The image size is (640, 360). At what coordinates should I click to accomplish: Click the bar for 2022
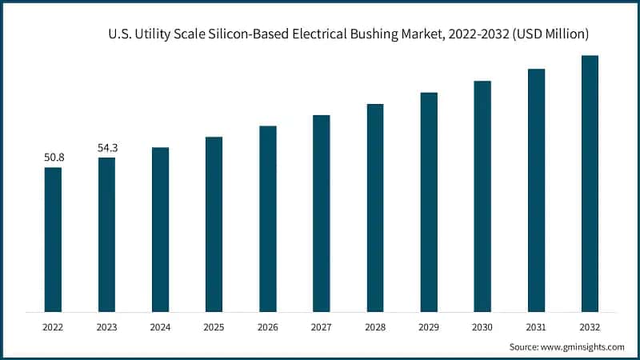(x=53, y=239)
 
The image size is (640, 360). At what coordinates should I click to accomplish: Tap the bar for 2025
(x=214, y=224)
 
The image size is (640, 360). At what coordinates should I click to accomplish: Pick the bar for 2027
(x=321, y=213)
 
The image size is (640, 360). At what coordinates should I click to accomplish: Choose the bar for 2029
(x=429, y=202)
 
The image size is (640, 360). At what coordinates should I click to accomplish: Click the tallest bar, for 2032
(x=590, y=183)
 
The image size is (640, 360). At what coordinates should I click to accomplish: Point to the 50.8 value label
(x=53, y=158)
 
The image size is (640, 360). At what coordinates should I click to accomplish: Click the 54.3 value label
(x=106, y=148)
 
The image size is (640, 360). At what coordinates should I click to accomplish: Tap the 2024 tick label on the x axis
(x=160, y=327)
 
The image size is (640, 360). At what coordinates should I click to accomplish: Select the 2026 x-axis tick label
(x=267, y=327)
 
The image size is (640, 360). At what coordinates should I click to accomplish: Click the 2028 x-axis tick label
(x=375, y=327)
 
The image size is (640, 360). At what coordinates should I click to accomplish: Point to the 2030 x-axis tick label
(x=482, y=327)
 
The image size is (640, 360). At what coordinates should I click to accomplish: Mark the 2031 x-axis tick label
(x=536, y=327)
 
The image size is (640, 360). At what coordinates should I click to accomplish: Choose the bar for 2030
(x=482, y=196)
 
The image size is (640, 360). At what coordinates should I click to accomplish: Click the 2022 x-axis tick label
(x=53, y=327)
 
